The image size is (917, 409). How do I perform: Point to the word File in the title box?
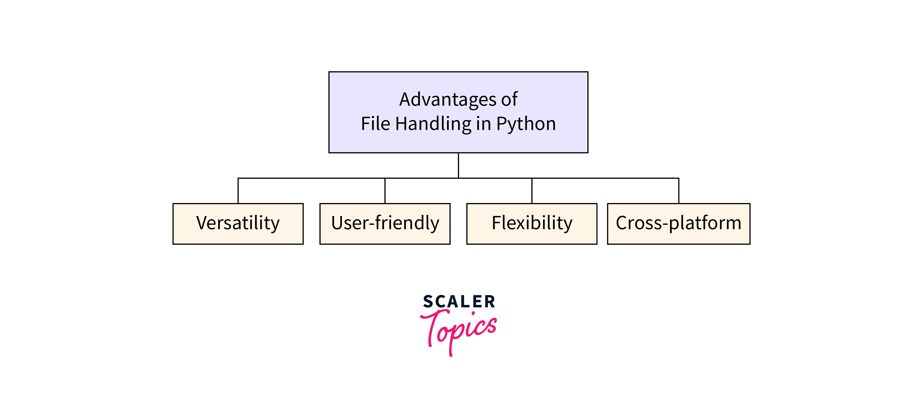coord(376,123)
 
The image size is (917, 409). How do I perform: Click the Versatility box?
coord(238,224)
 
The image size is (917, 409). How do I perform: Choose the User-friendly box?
coord(385,224)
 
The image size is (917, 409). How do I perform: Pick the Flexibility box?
coord(531,224)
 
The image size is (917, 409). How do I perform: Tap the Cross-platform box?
coord(678,224)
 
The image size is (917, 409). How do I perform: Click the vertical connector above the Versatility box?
coord(238,191)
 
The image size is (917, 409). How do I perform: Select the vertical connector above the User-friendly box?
coord(385,191)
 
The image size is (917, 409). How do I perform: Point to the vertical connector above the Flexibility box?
coord(532,191)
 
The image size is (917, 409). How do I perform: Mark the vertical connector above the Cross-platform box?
coord(678,191)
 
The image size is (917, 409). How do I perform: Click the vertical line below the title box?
coord(458,165)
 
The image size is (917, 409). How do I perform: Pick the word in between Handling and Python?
coord(483,123)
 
